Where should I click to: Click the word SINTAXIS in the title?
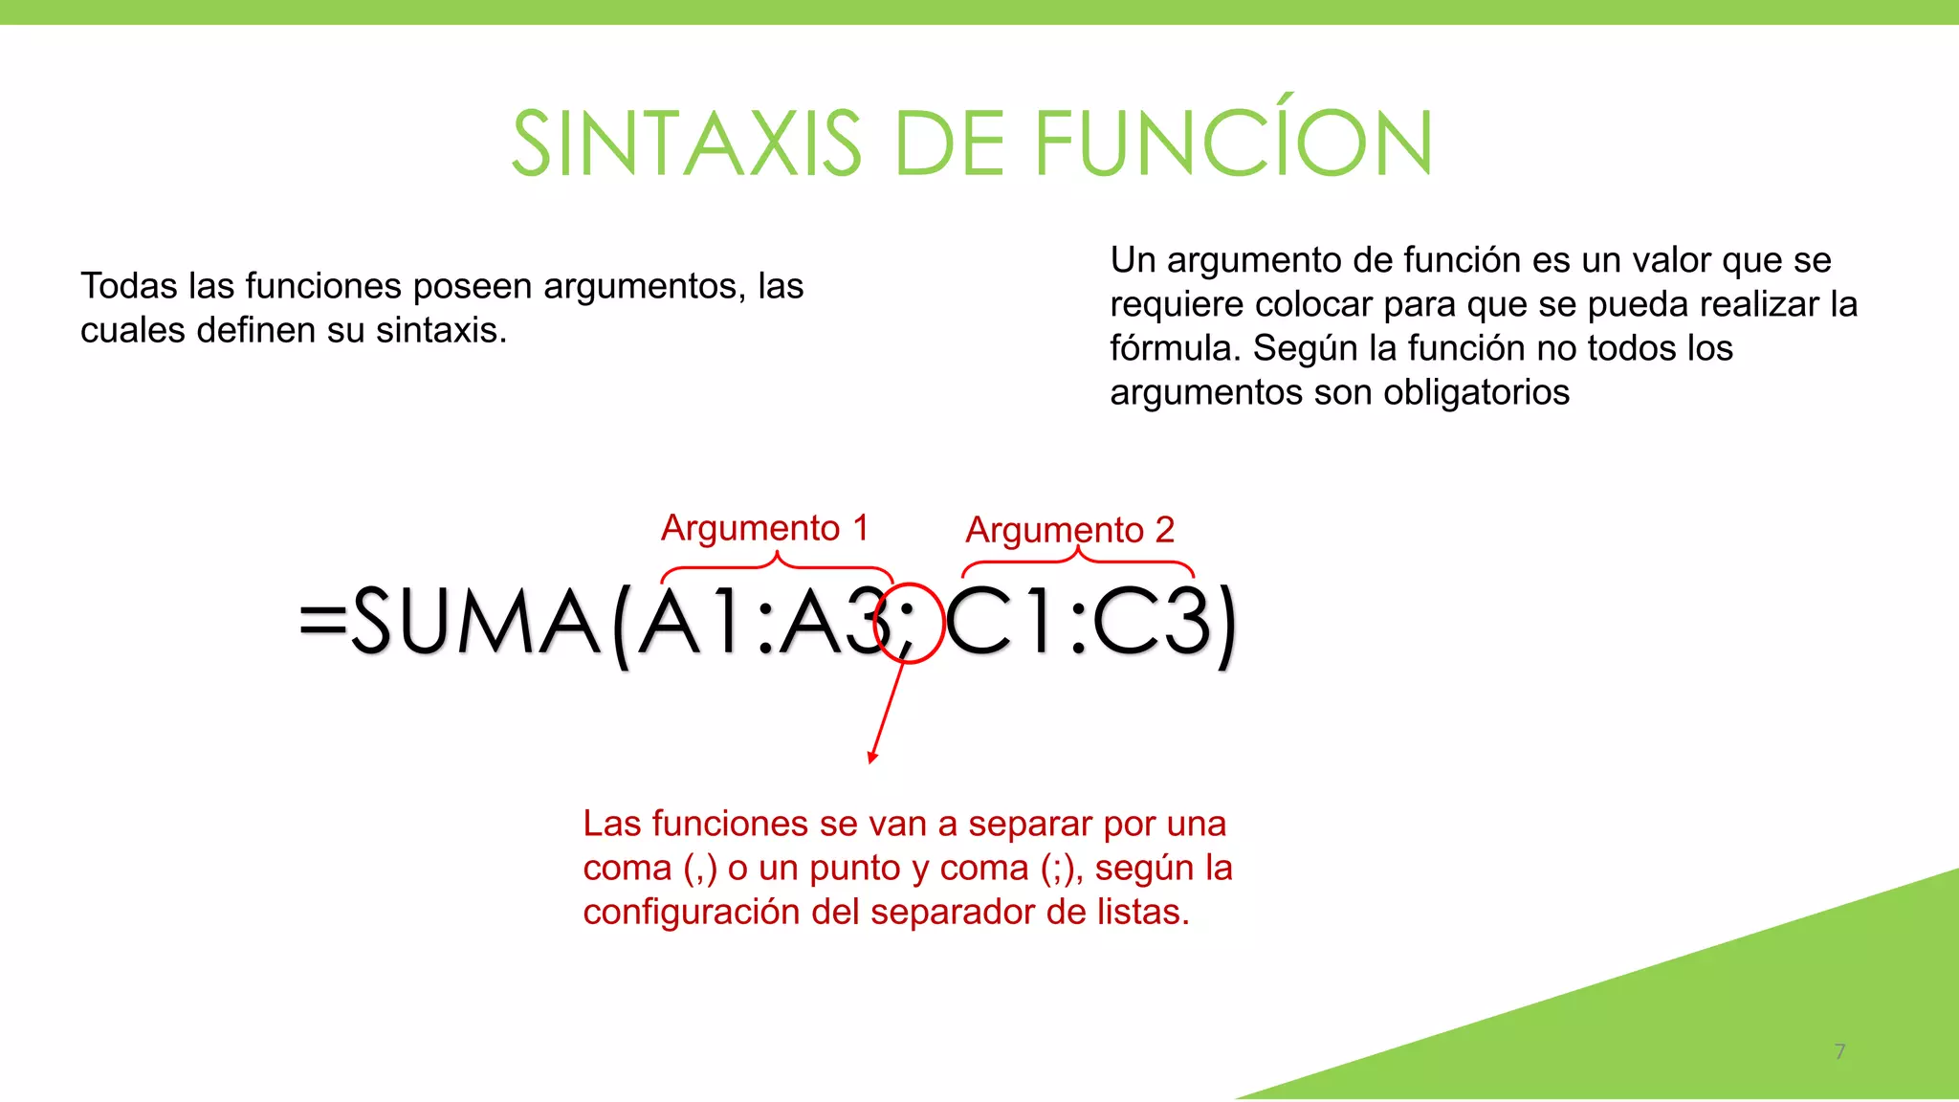687,143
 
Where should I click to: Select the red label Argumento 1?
764,528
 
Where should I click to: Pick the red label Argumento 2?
1069,530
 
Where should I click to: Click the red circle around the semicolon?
909,623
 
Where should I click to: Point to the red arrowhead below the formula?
872,757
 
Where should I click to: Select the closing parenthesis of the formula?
1226,626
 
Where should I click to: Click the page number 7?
1839,1051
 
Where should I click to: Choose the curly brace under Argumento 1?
777,567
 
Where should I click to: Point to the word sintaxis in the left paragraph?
441,330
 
